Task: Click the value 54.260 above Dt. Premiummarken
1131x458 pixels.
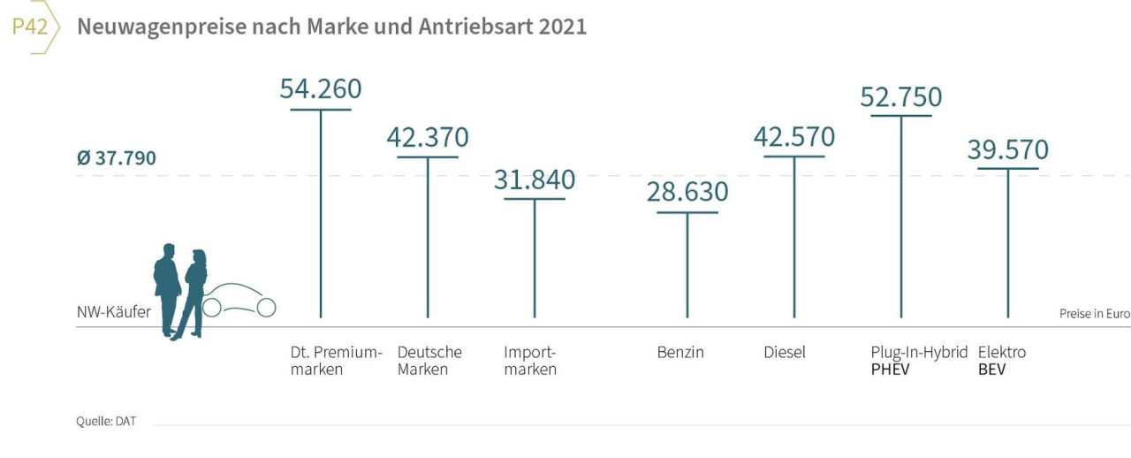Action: tap(321, 89)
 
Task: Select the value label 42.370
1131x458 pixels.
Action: tap(428, 138)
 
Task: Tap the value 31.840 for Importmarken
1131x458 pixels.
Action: tap(534, 179)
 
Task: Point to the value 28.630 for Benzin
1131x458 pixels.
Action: tap(687, 192)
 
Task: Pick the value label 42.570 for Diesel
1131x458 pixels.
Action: tap(793, 137)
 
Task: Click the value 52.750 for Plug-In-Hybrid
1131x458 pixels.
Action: tap(900, 96)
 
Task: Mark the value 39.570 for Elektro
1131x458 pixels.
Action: tap(1007, 149)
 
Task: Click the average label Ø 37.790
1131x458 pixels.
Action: tap(117, 158)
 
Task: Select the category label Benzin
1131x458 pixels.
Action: tap(680, 352)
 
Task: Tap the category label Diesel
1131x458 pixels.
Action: tap(785, 352)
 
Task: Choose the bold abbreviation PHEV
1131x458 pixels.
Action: tap(890, 370)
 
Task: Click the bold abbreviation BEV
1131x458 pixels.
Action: tap(991, 370)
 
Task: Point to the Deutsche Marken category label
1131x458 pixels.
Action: tap(429, 361)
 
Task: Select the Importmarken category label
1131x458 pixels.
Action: tap(530, 361)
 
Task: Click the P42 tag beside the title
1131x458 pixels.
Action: tap(30, 27)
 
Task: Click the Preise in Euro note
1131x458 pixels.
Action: tap(1094, 314)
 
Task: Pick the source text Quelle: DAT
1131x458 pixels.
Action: tap(106, 421)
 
